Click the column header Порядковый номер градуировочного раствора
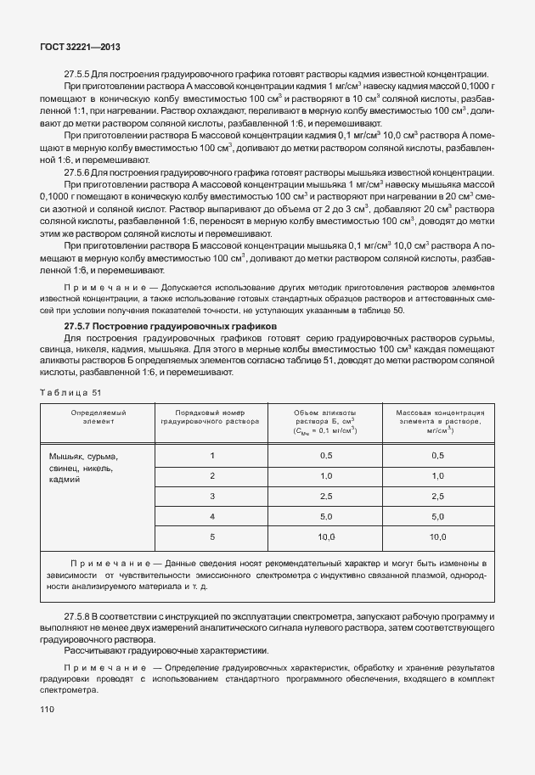tap(211, 416)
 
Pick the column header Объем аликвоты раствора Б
tap(325, 420)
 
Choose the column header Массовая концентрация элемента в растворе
tap(438, 420)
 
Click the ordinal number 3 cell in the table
tap(211, 496)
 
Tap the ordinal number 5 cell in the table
tap(211, 536)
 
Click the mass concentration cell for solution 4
tap(438, 516)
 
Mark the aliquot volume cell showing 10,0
tap(325, 536)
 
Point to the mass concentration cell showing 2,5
tap(438, 496)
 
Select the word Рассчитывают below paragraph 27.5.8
tap(95, 650)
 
